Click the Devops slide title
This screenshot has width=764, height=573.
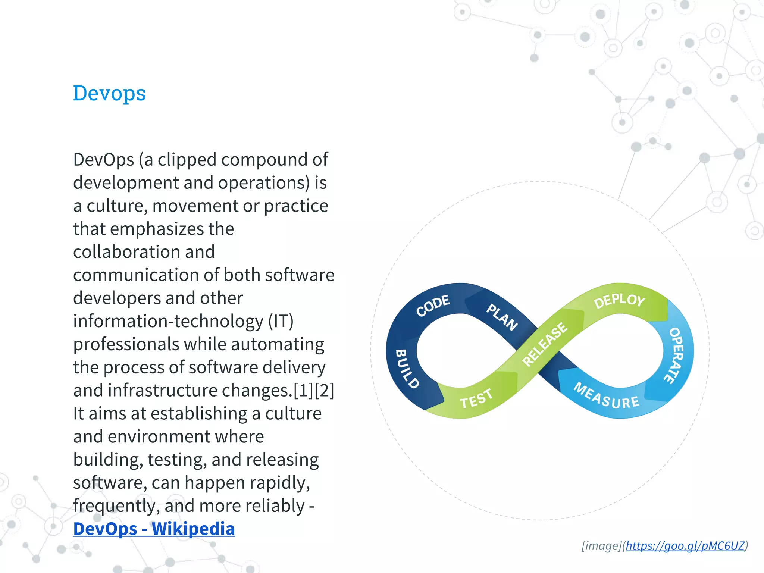pyautogui.click(x=109, y=93)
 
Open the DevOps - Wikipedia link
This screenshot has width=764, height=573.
pyautogui.click(x=154, y=529)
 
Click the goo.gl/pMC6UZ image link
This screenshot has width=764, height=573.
pyautogui.click(x=685, y=546)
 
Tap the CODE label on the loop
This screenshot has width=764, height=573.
pyautogui.click(x=433, y=305)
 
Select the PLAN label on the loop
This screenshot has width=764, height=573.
pyautogui.click(x=502, y=317)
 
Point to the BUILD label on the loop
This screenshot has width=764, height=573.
pyautogui.click(x=407, y=369)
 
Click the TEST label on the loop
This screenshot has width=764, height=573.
pyautogui.click(x=476, y=398)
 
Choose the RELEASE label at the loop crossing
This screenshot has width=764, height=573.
pyautogui.click(x=545, y=344)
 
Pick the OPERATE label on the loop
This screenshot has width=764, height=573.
pyautogui.click(x=676, y=355)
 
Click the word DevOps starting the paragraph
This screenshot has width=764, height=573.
pyautogui.click(x=103, y=160)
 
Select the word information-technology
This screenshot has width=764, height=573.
pyautogui.click(x=168, y=321)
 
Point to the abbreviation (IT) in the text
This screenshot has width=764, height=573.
pyautogui.click(x=281, y=321)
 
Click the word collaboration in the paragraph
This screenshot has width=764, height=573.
pyautogui.click(x=144, y=252)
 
